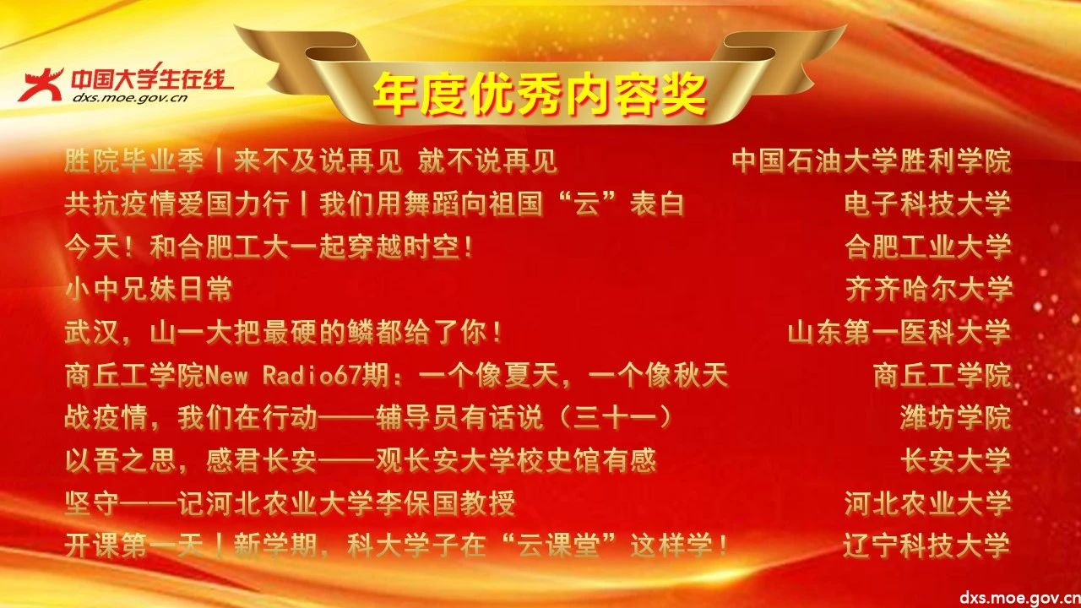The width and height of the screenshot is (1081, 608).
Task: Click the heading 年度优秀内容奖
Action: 540,94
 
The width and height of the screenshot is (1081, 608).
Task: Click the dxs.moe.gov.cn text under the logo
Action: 130,99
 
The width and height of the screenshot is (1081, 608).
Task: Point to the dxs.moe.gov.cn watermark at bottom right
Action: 1019,598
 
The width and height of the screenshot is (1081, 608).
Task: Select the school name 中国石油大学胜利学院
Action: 872,161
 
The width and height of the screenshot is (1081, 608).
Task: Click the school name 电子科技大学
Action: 927,204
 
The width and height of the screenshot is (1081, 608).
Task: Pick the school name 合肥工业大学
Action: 927,247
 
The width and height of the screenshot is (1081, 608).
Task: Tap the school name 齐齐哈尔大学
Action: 928,289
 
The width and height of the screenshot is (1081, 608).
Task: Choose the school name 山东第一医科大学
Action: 899,332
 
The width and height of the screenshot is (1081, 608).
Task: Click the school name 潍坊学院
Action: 955,417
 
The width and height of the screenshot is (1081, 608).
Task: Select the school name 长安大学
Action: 955,460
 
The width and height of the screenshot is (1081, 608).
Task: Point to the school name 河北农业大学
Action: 927,502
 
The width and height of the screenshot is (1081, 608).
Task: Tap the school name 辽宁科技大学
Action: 926,546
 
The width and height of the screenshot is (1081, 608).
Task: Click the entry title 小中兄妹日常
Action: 148,289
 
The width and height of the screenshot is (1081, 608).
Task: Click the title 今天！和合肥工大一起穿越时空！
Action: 269,247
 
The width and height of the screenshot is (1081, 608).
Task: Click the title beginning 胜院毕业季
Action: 311,161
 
